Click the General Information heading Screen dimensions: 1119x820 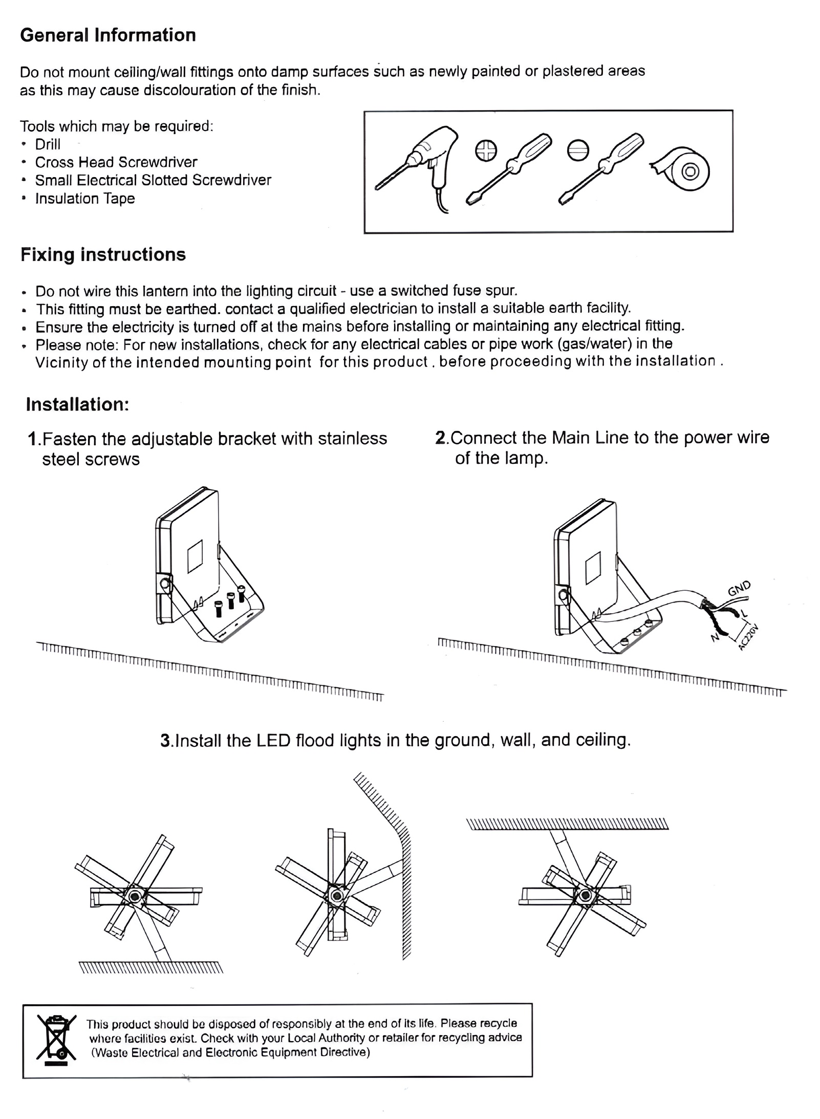(x=107, y=35)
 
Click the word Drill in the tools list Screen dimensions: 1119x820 (x=48, y=144)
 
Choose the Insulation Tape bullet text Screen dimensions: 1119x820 (x=85, y=199)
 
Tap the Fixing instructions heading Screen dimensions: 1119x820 (x=103, y=254)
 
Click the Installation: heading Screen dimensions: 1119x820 (x=77, y=404)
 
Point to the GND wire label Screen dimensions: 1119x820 (x=739, y=589)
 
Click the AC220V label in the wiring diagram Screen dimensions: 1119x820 (x=748, y=637)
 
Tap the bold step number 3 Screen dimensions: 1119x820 (x=165, y=740)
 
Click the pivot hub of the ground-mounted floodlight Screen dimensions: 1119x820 (x=136, y=896)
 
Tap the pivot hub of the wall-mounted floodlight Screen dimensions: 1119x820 (x=336, y=896)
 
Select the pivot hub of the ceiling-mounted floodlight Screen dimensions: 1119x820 (x=584, y=896)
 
